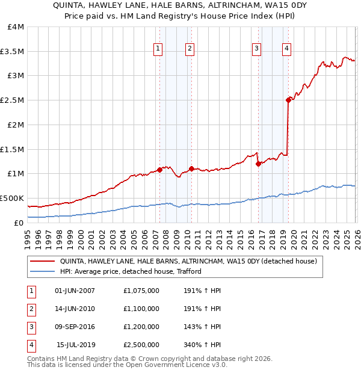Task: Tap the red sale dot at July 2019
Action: click(288, 100)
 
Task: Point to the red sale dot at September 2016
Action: click(258, 164)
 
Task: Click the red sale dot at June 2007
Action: click(159, 170)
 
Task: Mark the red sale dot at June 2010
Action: click(191, 168)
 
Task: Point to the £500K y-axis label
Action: click(12, 198)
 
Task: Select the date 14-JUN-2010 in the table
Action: click(75, 309)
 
